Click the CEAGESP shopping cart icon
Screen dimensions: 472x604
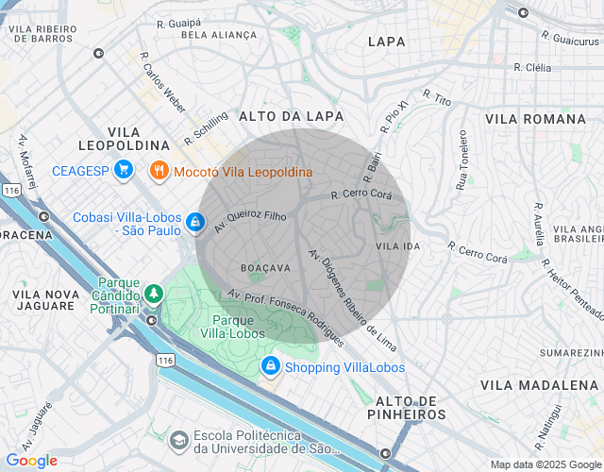point(122,171)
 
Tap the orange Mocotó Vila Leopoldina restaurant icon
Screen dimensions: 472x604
point(159,171)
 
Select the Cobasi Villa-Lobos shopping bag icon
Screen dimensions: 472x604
point(193,222)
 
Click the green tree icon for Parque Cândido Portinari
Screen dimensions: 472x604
point(152,295)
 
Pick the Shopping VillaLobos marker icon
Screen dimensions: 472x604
point(271,365)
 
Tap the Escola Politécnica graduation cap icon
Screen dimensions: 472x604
point(178,440)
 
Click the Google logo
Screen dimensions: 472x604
point(31,461)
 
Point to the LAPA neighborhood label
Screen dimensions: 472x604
point(387,42)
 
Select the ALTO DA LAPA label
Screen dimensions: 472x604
point(292,115)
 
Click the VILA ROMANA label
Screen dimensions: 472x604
point(535,119)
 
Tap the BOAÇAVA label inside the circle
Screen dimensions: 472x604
point(265,268)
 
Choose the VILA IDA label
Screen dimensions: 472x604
point(397,246)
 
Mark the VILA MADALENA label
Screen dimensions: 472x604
point(539,385)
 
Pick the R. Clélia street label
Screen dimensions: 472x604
point(532,68)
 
